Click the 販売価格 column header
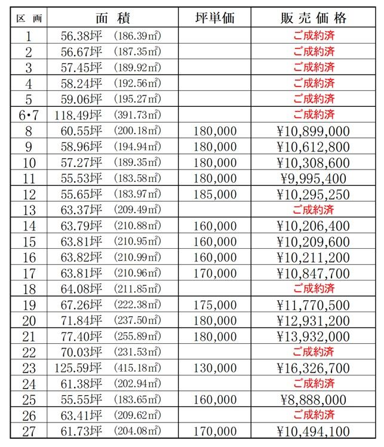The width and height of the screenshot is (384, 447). pyautogui.click(x=314, y=18)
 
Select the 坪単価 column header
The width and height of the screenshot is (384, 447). pyautogui.click(x=215, y=18)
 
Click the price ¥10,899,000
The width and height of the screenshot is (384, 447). pyautogui.click(x=314, y=131)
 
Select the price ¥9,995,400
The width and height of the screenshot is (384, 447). pyautogui.click(x=314, y=178)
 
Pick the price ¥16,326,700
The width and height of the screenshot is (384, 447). pyautogui.click(x=314, y=368)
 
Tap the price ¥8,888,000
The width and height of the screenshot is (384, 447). pyautogui.click(x=314, y=400)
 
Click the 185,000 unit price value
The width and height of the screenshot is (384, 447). pyautogui.click(x=215, y=194)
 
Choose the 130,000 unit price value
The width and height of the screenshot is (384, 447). pyautogui.click(x=215, y=368)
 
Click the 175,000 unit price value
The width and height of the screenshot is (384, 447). pyautogui.click(x=215, y=305)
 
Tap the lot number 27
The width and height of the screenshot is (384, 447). pyautogui.click(x=28, y=431)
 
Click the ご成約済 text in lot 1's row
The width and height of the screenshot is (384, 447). pyautogui.click(x=314, y=35)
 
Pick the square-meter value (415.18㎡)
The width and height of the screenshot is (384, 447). pyautogui.click(x=137, y=368)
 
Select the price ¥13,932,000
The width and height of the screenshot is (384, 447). pyautogui.click(x=314, y=337)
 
